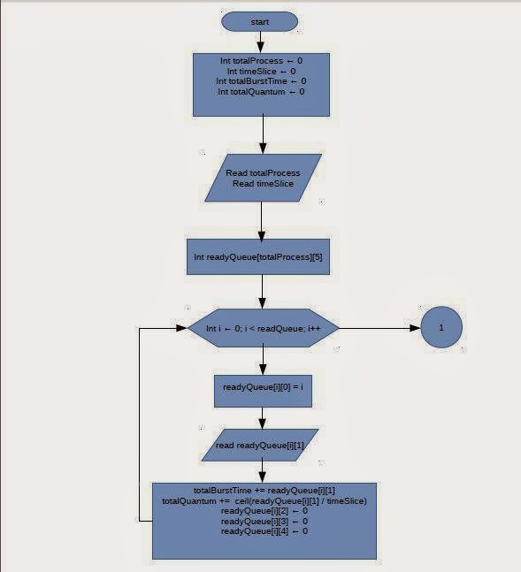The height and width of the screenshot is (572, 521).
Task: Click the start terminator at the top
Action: (x=259, y=21)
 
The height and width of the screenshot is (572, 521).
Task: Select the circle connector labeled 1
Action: (x=441, y=327)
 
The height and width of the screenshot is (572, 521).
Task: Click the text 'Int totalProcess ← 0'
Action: (x=262, y=60)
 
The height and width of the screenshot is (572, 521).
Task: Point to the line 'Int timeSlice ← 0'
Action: (x=262, y=71)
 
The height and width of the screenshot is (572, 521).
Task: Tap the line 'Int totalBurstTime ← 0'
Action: (x=261, y=81)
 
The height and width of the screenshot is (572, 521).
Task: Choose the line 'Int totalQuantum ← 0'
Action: (x=261, y=92)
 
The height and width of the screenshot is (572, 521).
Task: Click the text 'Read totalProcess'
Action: (x=263, y=173)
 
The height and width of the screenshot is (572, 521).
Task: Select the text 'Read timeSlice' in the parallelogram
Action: (x=263, y=184)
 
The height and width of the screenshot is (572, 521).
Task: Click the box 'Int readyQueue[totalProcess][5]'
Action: (x=258, y=256)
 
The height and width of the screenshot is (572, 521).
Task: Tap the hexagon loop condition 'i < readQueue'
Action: (x=263, y=328)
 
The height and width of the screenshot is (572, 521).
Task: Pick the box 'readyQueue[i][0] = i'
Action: (x=263, y=391)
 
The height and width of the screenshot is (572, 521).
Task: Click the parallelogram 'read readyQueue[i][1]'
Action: (x=260, y=445)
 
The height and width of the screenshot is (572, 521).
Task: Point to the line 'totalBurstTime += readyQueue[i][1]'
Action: (x=264, y=491)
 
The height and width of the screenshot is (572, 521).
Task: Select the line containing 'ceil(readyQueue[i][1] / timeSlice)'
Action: (x=264, y=501)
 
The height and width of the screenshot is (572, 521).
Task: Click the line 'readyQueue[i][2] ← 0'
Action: (x=264, y=511)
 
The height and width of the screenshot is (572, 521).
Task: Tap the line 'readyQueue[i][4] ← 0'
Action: (x=264, y=531)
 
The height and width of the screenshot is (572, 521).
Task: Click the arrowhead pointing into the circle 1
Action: (x=416, y=328)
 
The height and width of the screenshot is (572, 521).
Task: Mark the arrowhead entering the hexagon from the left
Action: (x=182, y=328)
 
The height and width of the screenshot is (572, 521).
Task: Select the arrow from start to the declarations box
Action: (x=260, y=42)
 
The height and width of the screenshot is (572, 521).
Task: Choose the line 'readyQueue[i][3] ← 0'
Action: (x=264, y=521)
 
